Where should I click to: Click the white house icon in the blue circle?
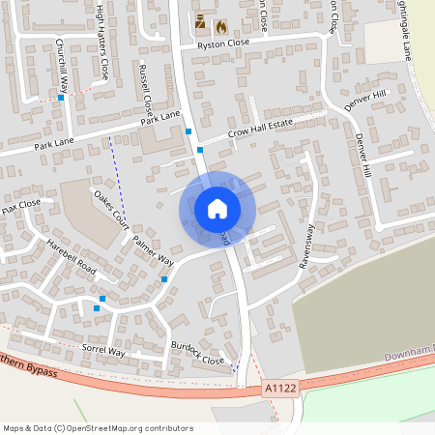click(x=217, y=208)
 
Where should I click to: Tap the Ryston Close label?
click(x=223, y=43)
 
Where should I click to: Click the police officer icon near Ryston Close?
click(x=200, y=21)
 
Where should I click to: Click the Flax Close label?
click(x=21, y=204)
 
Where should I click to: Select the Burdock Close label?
click(x=198, y=353)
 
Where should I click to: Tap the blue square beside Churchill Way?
click(x=60, y=97)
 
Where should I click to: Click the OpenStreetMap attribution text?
click(x=98, y=428)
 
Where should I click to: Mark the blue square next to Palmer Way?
click(x=165, y=279)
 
